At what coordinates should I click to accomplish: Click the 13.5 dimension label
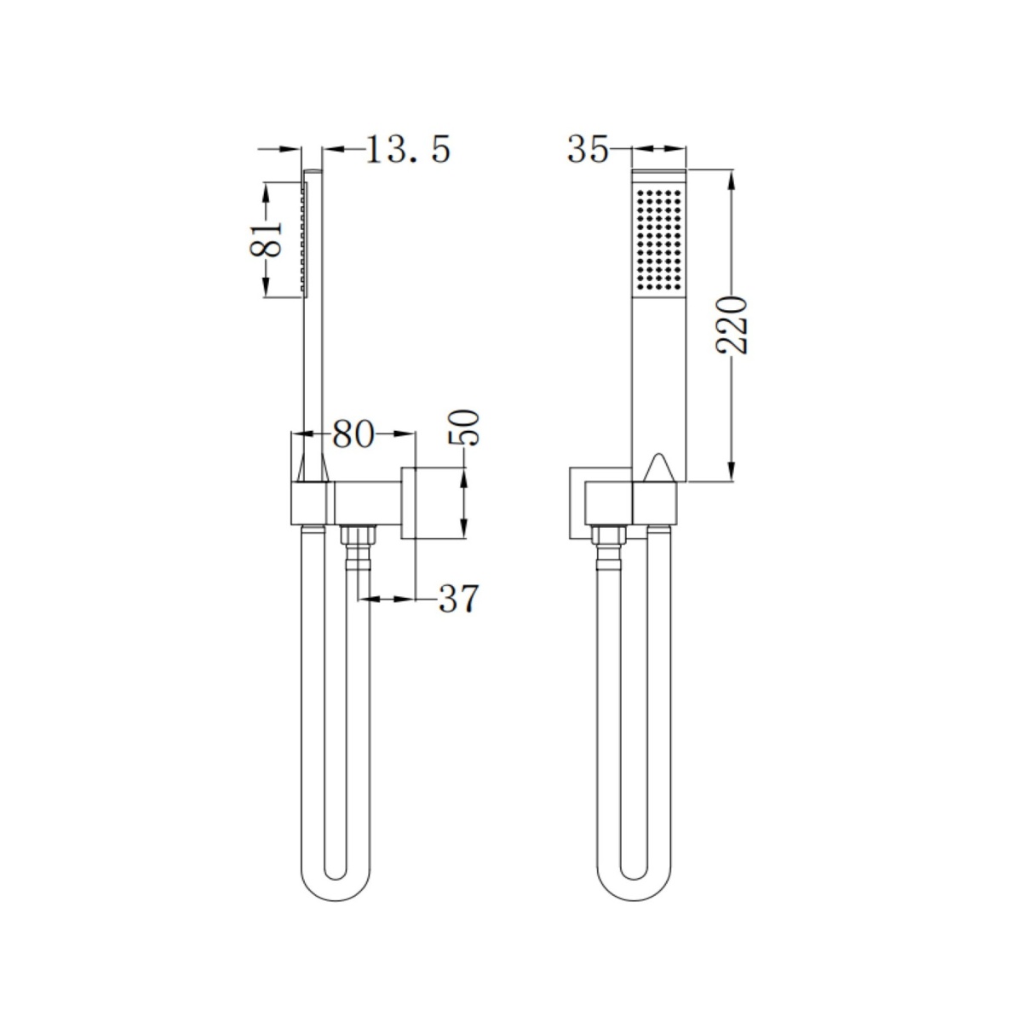(407, 149)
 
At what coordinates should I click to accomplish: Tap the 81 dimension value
(265, 239)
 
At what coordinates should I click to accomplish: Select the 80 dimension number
(353, 434)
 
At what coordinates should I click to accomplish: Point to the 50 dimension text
(464, 428)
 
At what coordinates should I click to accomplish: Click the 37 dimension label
(459, 599)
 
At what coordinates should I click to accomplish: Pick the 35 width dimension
(588, 149)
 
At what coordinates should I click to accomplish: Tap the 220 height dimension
(732, 324)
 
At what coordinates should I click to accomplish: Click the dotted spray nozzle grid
(659, 238)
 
